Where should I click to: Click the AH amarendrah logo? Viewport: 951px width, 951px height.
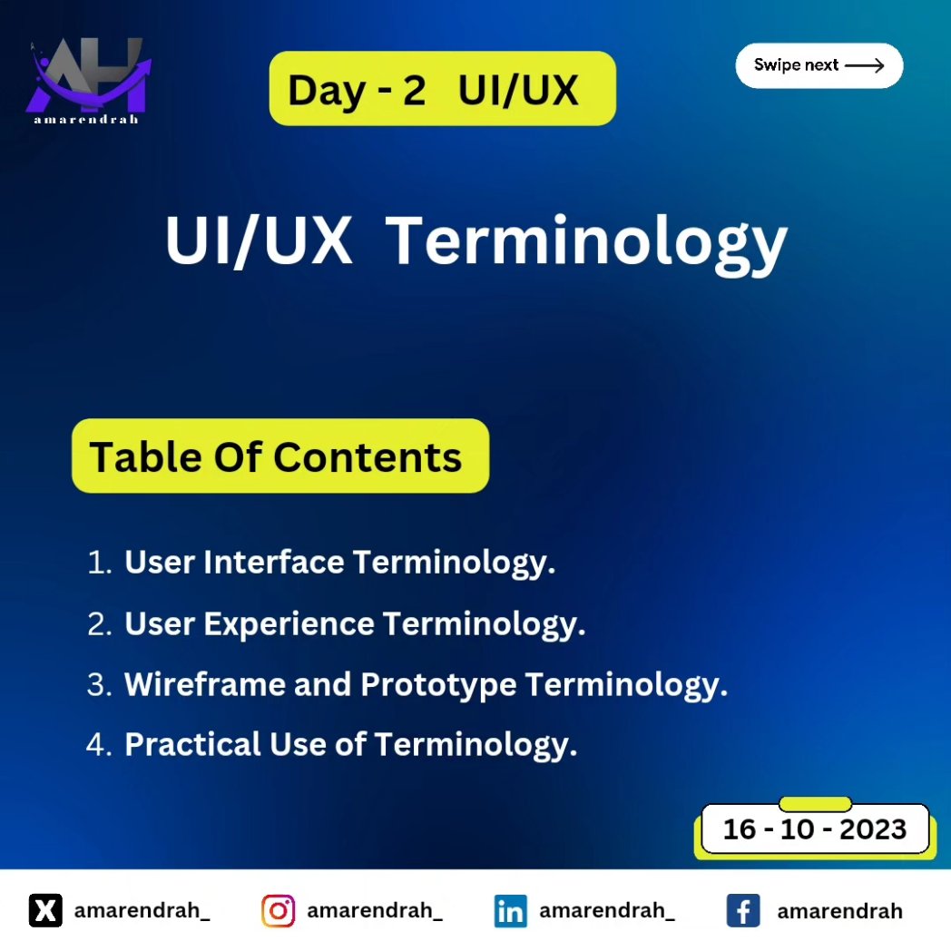(x=87, y=81)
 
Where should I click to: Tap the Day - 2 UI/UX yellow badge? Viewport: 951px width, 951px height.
(x=442, y=89)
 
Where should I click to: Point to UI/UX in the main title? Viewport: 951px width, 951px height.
(x=259, y=242)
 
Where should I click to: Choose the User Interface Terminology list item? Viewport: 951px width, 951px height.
(x=339, y=563)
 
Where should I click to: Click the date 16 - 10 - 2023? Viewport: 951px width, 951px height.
(x=814, y=828)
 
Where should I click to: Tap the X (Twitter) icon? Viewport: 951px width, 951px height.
(x=45, y=910)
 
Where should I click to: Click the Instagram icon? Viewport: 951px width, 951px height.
(x=279, y=910)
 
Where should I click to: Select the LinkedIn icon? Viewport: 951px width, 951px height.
(x=511, y=910)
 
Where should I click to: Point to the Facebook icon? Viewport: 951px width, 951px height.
(x=743, y=910)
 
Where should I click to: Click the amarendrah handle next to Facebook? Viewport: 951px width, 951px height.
(x=839, y=910)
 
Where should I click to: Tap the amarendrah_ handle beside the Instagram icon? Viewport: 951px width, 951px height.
(x=374, y=910)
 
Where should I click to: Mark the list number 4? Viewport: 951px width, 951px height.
(x=96, y=744)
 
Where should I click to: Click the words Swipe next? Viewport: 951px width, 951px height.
(x=796, y=65)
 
